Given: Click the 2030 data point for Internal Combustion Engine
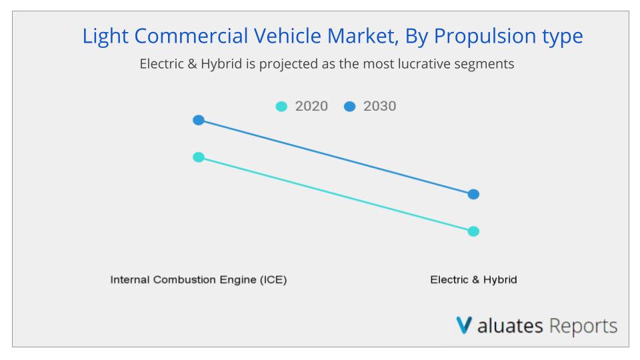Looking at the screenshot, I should [x=198, y=120].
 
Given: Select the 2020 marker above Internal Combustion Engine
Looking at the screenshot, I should [x=198, y=157].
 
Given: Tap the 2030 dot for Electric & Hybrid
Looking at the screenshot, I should [x=473, y=194].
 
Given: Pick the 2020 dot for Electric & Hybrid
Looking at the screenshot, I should [x=473, y=231].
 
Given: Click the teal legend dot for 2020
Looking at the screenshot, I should [x=281, y=107].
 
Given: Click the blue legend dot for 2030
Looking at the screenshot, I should [x=350, y=107].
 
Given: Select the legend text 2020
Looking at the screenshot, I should [x=311, y=106].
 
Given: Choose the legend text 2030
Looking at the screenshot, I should [x=379, y=106].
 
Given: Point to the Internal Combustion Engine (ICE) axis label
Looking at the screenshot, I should [x=198, y=280].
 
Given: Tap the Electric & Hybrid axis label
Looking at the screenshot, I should [x=473, y=280].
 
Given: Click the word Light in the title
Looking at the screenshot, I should [x=103, y=36].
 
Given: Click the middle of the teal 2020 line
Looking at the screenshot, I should [x=335, y=194].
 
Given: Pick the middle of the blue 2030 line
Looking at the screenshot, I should [x=335, y=157].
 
